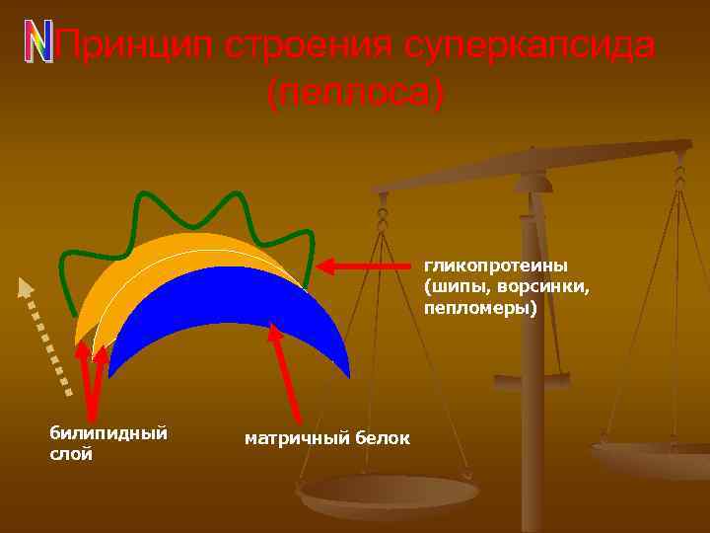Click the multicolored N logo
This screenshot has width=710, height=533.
[37, 42]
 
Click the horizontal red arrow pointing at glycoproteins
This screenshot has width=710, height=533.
[364, 266]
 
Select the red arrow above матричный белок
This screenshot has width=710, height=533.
[285, 375]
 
